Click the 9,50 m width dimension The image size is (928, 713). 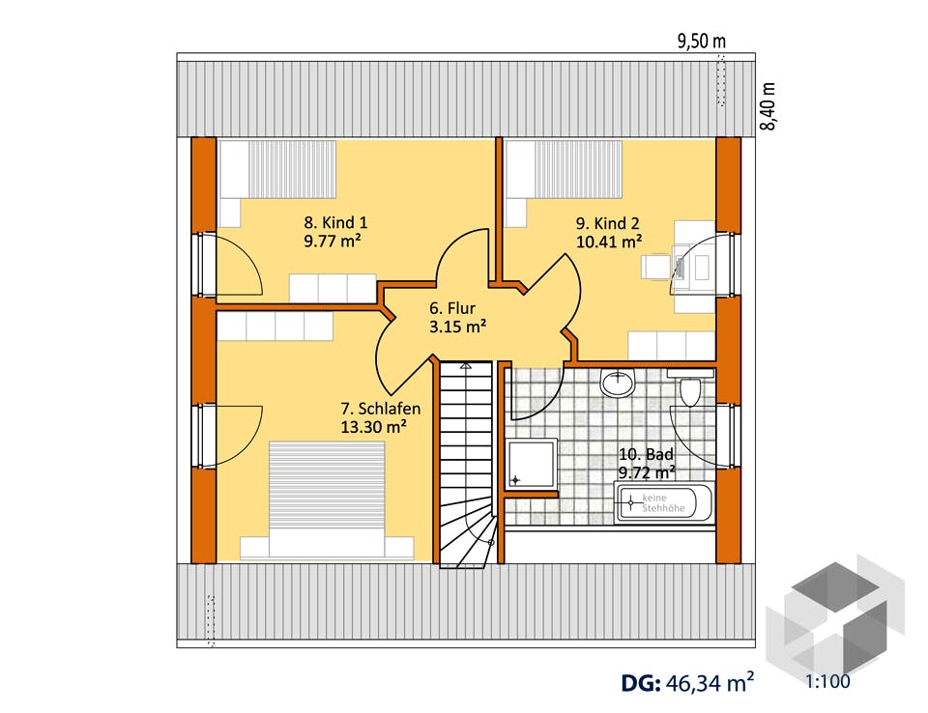pyautogui.click(x=702, y=41)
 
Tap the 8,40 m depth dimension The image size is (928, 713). pyautogui.click(x=768, y=106)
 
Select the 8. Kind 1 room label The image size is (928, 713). pyautogui.click(x=335, y=222)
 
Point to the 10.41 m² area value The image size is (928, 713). pyautogui.click(x=610, y=242)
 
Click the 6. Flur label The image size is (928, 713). pyautogui.click(x=452, y=307)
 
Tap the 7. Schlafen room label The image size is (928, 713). pyautogui.click(x=381, y=409)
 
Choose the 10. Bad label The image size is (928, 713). pyautogui.click(x=647, y=454)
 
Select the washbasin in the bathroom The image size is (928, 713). pyautogui.click(x=618, y=383)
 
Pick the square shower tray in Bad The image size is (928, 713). pyautogui.click(x=532, y=464)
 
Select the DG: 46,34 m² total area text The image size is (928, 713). pyautogui.click(x=687, y=683)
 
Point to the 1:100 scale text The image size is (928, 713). pyautogui.click(x=827, y=682)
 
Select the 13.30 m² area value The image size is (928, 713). pyautogui.click(x=373, y=427)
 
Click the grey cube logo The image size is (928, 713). pyautogui.click(x=835, y=615)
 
